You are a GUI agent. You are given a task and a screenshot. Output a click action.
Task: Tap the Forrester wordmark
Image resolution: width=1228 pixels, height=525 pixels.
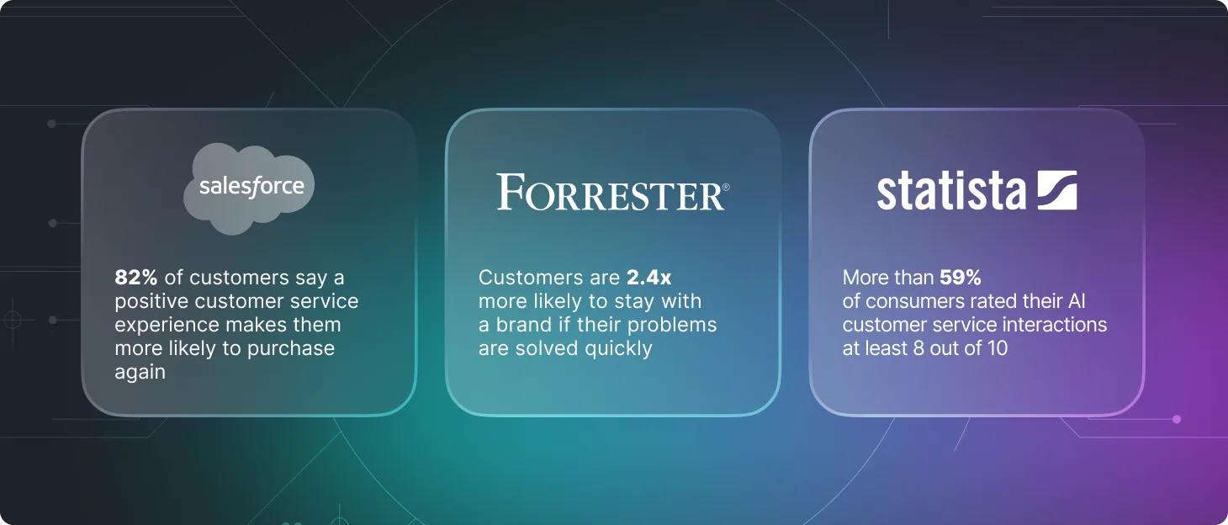pos(613,192)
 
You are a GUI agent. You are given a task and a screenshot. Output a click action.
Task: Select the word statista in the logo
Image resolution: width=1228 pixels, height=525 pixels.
pos(951,191)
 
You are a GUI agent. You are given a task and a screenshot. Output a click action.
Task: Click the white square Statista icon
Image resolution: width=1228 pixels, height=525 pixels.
pos(1057,190)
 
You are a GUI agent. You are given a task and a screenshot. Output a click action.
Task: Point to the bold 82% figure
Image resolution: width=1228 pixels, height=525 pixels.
pos(136,278)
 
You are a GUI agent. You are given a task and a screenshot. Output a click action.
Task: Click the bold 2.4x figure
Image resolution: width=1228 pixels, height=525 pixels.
pos(648,278)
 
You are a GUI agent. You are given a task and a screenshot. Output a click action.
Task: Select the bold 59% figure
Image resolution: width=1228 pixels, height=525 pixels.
pos(960,278)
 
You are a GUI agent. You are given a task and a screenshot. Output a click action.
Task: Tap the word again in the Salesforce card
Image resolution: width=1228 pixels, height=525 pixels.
pos(140,373)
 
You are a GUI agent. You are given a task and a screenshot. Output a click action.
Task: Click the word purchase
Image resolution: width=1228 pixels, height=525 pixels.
pos(290,349)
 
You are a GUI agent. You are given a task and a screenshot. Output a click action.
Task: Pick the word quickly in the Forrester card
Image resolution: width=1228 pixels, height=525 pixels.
pos(618,349)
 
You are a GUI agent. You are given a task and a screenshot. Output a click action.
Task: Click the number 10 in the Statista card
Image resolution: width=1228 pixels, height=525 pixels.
pos(998,348)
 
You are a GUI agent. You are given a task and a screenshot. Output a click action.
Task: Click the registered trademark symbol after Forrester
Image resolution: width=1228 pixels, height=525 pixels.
pos(726,187)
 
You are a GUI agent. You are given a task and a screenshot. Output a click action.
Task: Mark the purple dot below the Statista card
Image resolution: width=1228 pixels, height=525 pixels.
pos(1177,419)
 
